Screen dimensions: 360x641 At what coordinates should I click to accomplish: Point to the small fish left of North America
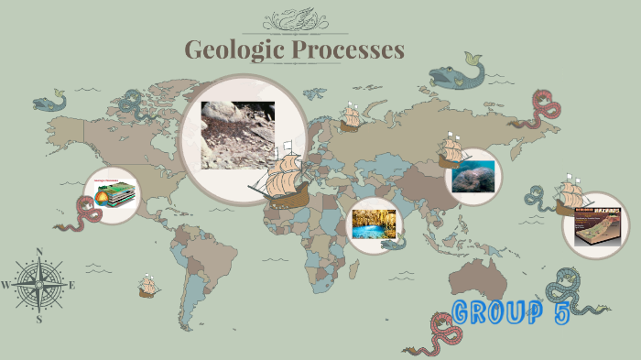[x=50, y=100]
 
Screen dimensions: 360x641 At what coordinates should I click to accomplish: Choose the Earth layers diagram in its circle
[x=114, y=194]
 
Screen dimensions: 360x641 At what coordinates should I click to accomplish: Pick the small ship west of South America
[x=147, y=288]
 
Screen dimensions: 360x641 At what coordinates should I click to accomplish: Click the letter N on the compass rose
[x=39, y=251]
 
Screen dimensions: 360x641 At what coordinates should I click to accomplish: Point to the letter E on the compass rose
[x=72, y=285]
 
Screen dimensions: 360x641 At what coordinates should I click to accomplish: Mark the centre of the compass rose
[x=39, y=284]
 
